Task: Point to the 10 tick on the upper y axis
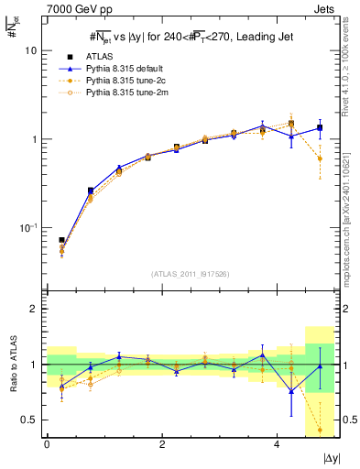(34, 51)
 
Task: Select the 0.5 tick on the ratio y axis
(33, 420)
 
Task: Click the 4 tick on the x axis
(278, 444)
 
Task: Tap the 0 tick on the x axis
(47, 444)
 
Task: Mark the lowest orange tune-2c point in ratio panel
(320, 430)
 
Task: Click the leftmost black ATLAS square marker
(61, 240)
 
